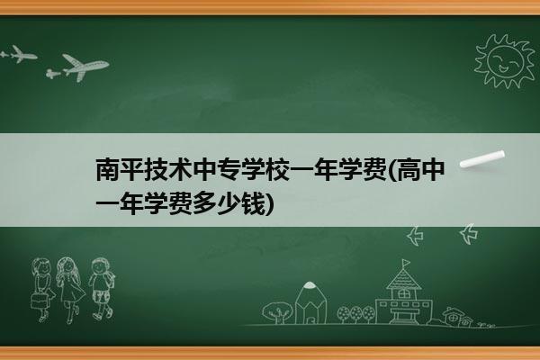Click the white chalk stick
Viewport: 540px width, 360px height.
click(x=482, y=159)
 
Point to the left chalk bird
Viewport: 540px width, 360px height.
click(x=415, y=236)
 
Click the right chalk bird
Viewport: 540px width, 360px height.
click(x=469, y=234)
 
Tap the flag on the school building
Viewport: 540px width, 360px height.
click(x=407, y=263)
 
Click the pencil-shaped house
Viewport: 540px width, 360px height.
click(x=310, y=302)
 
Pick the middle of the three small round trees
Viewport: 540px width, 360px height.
click(x=355, y=313)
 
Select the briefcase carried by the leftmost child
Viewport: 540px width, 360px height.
click(x=39, y=301)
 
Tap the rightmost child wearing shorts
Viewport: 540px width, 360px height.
click(x=101, y=289)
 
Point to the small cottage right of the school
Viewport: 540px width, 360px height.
click(x=456, y=316)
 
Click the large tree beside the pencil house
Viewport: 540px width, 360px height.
click(x=277, y=312)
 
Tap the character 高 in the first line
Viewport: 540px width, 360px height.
click(x=409, y=169)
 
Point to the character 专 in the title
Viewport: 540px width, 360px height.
click(x=229, y=169)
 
